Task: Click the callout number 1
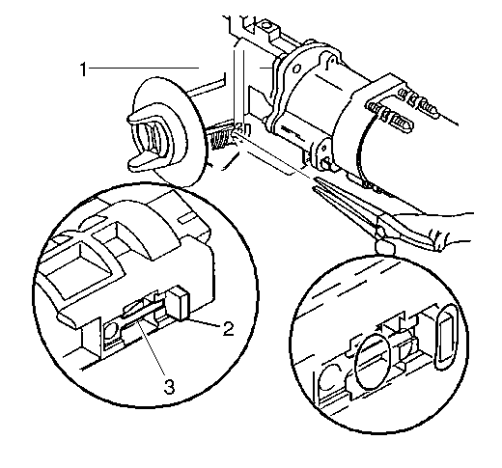pos(84,69)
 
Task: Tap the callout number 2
pos(228,329)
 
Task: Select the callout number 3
pos(169,386)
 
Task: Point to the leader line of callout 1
pos(144,68)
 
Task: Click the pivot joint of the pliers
pos(380,231)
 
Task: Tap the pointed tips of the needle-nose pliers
pos(316,184)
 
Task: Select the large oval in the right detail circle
pos(373,361)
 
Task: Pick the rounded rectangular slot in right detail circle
pos(446,337)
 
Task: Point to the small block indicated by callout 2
pos(180,303)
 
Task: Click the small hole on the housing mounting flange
pos(297,69)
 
